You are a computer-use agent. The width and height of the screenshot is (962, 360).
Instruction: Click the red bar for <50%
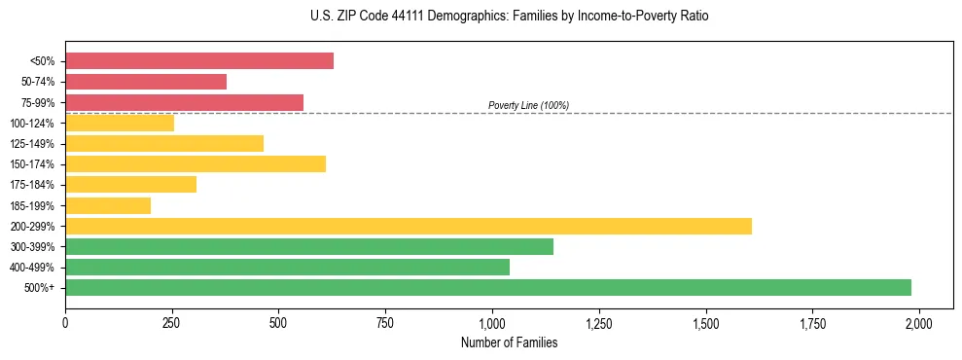click(x=199, y=61)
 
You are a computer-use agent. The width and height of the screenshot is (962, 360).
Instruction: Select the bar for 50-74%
click(x=146, y=82)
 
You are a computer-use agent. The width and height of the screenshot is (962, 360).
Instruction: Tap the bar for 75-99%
click(x=184, y=102)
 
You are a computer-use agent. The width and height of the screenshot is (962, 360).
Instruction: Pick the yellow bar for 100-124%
click(x=120, y=123)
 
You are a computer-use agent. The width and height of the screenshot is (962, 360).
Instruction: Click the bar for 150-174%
click(x=196, y=163)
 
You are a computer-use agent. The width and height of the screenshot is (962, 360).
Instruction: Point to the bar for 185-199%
click(x=108, y=205)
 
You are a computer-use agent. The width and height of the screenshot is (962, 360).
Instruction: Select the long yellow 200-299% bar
click(x=409, y=226)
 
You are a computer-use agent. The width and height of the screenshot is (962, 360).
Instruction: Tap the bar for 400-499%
click(x=287, y=267)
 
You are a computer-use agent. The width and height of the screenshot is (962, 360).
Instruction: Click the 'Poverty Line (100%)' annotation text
click(x=528, y=105)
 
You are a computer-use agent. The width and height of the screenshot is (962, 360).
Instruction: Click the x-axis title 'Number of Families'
click(x=509, y=342)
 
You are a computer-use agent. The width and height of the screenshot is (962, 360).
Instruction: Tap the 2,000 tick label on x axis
click(x=919, y=322)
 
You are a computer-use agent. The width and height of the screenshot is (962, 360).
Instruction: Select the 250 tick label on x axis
click(x=172, y=322)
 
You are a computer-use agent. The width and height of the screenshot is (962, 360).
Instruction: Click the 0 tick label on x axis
click(x=65, y=322)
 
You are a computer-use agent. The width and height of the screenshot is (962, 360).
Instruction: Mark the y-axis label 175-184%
click(x=32, y=185)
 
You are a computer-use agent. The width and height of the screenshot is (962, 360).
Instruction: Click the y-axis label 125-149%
click(x=32, y=143)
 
